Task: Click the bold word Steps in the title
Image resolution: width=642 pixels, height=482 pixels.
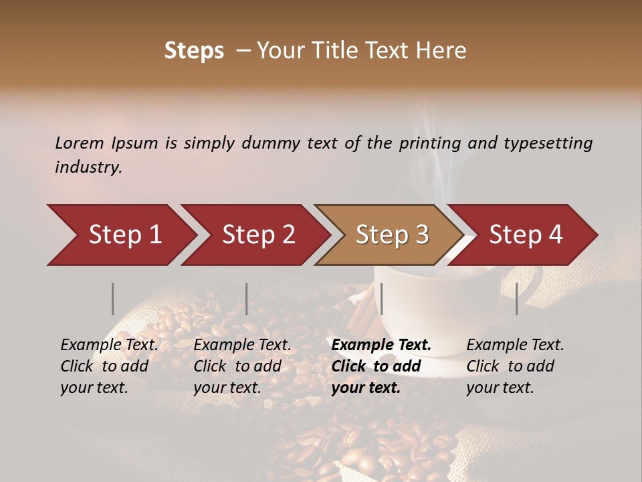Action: [x=194, y=51]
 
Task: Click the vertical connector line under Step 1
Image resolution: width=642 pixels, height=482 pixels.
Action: [x=113, y=299]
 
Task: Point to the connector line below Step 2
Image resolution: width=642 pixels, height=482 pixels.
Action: [x=247, y=299]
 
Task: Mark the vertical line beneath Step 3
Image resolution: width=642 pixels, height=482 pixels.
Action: [x=381, y=299]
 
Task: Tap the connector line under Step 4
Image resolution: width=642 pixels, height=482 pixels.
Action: [x=516, y=299]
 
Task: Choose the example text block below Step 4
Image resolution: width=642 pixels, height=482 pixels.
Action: [x=515, y=366]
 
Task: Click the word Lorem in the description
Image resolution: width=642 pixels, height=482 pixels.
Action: [x=80, y=143]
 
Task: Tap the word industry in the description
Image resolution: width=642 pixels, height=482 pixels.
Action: [x=88, y=167]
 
